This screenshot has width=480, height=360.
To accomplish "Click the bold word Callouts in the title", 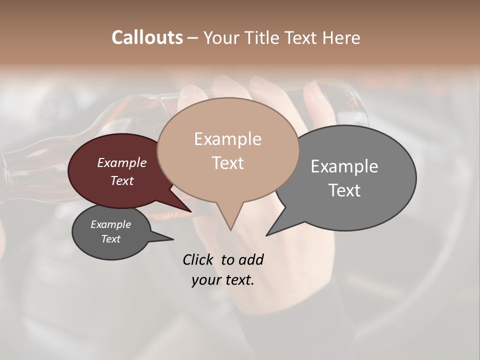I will coord(147,37).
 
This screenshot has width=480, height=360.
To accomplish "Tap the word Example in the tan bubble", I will coord(227,139).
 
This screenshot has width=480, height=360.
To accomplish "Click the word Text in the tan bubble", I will coord(227,162).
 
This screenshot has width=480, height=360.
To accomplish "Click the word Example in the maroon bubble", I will coord(122,162).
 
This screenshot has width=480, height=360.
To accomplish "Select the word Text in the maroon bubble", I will coord(122,180).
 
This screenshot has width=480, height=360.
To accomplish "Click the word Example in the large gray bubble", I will coord(344,166).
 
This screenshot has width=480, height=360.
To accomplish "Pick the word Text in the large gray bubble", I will coord(344,190).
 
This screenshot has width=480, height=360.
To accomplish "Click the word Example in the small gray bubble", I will coord(111,224).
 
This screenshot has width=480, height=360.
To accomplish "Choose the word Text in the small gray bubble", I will coord(111,239).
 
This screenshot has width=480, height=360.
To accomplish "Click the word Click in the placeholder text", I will coord(198,259).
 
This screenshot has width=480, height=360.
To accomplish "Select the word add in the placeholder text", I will coord(251,259).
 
